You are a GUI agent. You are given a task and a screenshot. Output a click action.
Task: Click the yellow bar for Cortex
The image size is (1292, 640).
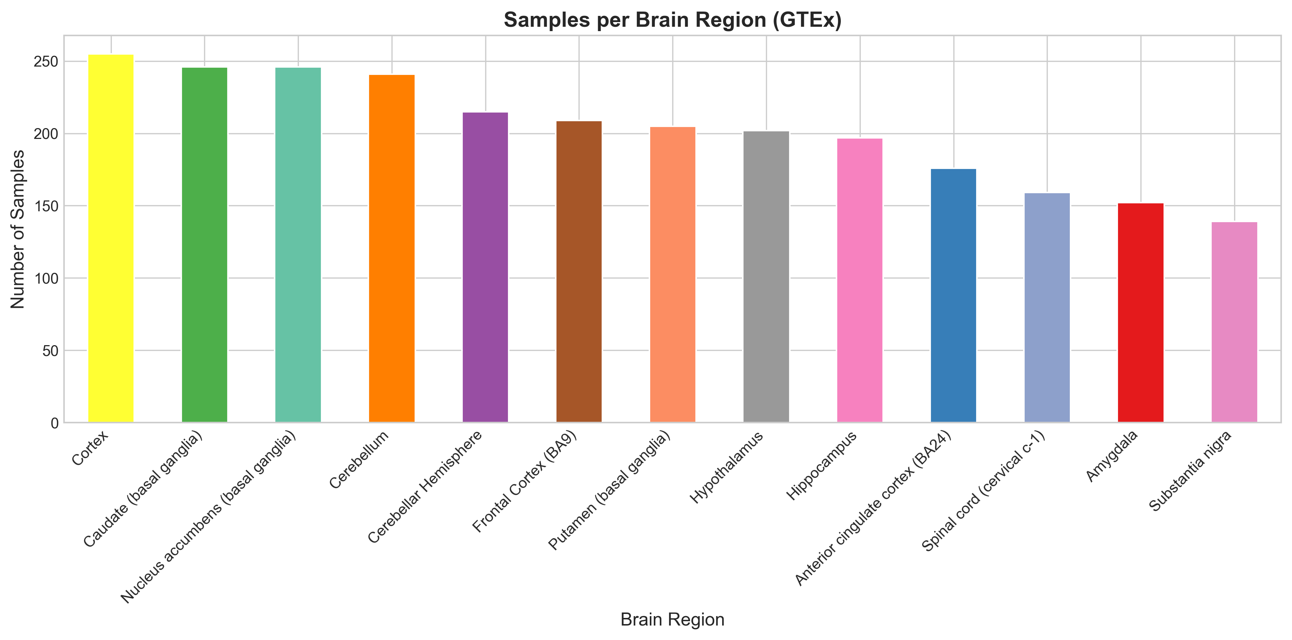[x=111, y=238]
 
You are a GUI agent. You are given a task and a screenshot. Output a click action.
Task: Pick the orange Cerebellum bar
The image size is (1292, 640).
[x=392, y=248]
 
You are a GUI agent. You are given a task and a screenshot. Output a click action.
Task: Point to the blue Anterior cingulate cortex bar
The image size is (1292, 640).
[x=953, y=296]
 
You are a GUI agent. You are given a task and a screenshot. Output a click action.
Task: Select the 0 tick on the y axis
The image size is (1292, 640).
[x=54, y=423]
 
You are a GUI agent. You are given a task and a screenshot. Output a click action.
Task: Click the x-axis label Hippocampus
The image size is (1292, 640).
[x=822, y=466]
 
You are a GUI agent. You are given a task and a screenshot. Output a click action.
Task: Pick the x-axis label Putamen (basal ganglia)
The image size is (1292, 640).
[x=609, y=491]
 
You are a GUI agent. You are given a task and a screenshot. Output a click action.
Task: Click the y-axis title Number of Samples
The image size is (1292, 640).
[x=18, y=229]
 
